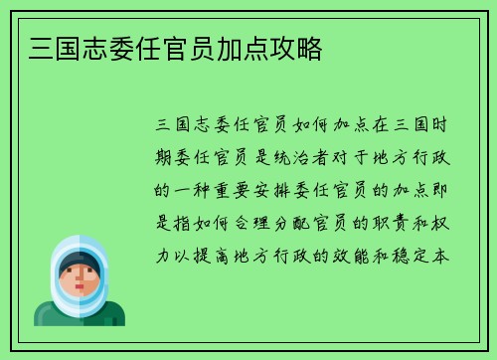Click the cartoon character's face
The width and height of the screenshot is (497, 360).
(x=80, y=281)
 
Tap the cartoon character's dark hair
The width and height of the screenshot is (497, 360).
(x=79, y=261)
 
